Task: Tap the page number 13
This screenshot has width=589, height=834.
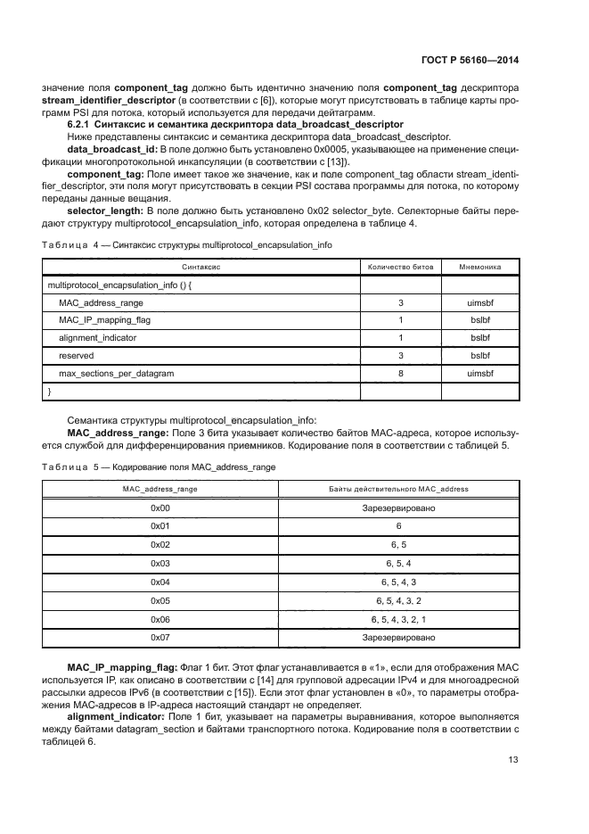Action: [513, 760]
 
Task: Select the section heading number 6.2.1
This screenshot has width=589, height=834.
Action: [81, 124]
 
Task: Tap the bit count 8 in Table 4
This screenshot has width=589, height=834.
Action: [400, 374]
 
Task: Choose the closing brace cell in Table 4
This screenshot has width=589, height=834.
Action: [49, 392]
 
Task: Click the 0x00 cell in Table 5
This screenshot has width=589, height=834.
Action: [160, 507]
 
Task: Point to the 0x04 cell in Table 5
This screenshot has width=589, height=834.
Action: [160, 581]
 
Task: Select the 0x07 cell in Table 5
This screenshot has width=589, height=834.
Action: [160, 638]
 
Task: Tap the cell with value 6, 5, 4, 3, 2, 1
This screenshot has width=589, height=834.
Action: [398, 619]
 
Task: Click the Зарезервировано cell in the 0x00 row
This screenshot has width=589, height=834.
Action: [398, 507]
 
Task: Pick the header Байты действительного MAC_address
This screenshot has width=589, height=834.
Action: [398, 489]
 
